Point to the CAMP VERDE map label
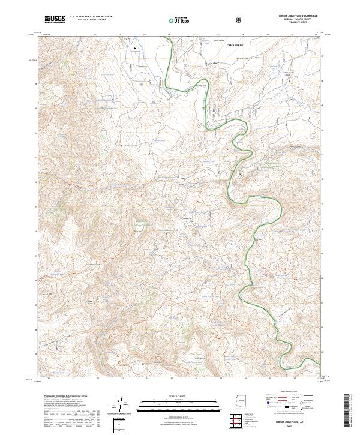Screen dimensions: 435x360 point(236,45)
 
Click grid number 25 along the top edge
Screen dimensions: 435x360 point(169,35)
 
